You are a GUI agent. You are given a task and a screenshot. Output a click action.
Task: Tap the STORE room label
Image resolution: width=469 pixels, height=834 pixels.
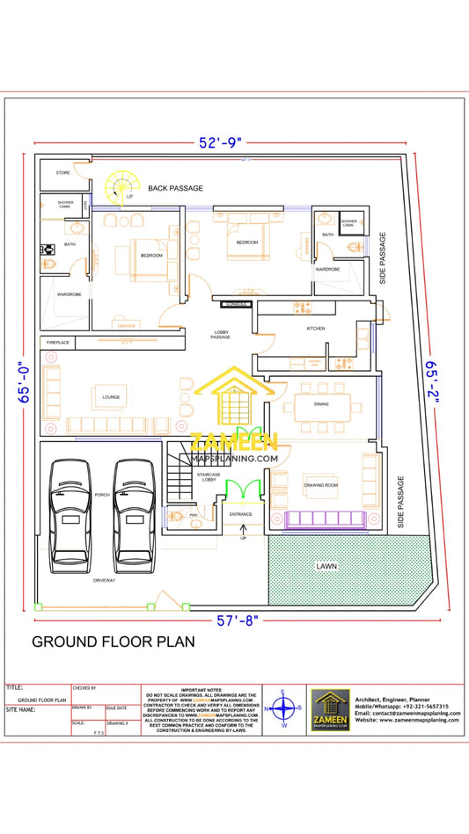coord(62,173)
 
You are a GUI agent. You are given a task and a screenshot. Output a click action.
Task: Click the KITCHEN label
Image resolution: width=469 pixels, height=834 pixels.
coord(316,328)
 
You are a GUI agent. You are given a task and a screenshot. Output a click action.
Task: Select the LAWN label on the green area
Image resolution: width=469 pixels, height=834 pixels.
coord(327,567)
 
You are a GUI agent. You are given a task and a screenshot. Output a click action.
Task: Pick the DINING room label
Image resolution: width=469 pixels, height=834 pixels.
coord(321,404)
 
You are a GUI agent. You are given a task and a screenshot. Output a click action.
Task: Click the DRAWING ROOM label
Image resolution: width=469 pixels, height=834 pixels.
coord(321,484)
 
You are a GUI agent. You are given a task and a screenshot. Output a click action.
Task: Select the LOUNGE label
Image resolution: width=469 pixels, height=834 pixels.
coord(110,397)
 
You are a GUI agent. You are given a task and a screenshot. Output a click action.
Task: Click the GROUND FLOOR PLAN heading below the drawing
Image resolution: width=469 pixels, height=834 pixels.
coord(114,642)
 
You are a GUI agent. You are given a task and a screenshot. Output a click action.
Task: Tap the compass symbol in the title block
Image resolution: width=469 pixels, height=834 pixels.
coord(283,708)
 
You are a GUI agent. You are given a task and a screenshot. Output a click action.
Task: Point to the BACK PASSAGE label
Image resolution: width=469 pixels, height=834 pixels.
coord(175,188)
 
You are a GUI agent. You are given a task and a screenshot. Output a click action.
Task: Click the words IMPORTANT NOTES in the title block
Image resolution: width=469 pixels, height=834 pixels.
coord(204,690)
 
